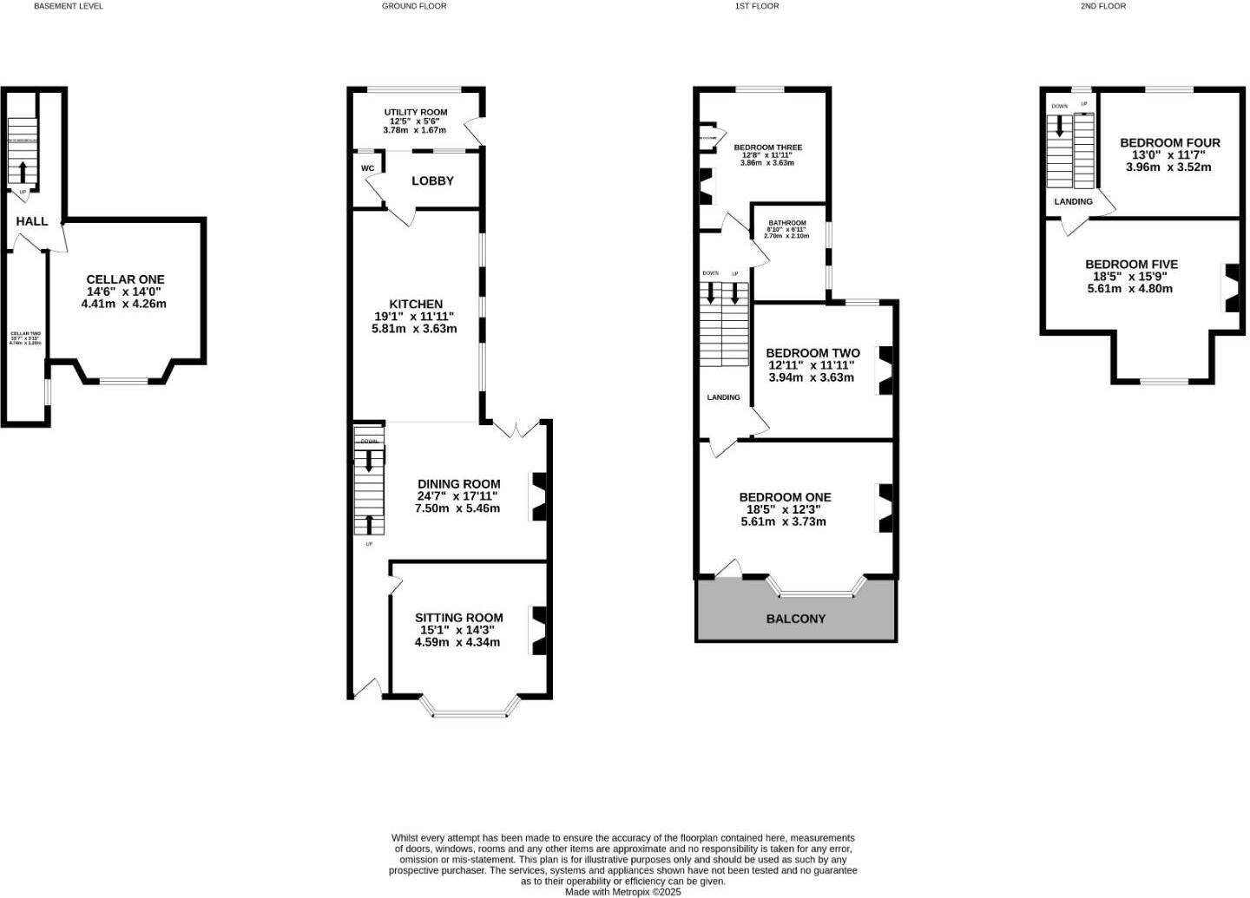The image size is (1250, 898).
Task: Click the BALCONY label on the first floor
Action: [795, 619]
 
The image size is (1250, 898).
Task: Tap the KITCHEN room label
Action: [416, 304]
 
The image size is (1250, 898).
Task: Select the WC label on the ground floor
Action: [367, 168]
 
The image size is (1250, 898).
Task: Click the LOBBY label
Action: [432, 180]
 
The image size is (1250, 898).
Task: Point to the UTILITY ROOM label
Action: [416, 113]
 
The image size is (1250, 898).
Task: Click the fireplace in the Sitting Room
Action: [540, 630]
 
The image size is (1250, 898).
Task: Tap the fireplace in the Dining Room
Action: [540, 496]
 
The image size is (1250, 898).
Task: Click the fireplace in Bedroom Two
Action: [885, 370]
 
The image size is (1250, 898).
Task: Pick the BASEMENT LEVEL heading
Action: [68, 6]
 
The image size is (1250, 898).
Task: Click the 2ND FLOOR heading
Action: [1102, 6]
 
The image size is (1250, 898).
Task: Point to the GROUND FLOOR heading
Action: [414, 6]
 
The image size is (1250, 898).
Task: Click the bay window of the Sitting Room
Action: [470, 713]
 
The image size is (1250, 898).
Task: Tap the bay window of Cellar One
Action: [122, 380]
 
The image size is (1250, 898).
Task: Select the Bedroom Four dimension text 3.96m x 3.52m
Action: [1168, 167]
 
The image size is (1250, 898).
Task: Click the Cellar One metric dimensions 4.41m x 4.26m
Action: [124, 304]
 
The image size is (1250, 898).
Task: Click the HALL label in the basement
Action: [32, 221]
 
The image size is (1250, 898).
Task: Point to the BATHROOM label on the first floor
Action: [787, 223]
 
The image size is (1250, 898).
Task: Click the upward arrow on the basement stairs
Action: [23, 170]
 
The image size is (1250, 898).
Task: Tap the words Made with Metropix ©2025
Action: [623, 891]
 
